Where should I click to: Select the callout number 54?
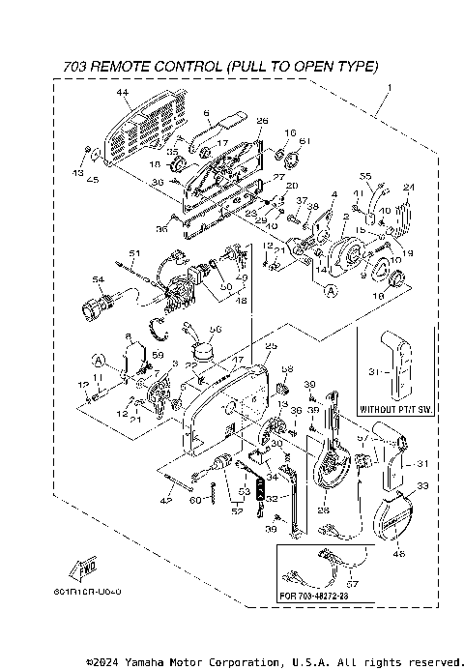point(97,279)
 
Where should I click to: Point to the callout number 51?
point(135,253)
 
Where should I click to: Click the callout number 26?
point(262,120)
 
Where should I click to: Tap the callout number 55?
point(365,176)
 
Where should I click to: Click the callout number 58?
point(286,368)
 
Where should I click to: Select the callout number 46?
point(400,553)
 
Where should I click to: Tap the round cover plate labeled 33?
point(397,517)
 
